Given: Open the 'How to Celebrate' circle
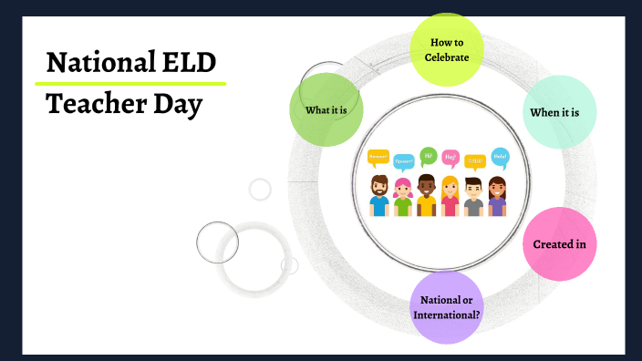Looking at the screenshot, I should [446, 49].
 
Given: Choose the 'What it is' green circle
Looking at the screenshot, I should [326, 110].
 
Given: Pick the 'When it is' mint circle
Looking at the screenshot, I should [562, 112].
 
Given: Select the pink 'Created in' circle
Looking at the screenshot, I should [559, 244].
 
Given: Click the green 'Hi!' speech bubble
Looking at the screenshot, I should [428, 155].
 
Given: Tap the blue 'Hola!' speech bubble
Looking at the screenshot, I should [500, 156].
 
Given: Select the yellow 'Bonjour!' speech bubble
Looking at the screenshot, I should [378, 157].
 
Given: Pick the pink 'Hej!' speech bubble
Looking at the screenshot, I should [450, 158].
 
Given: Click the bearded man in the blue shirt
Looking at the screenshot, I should [379, 196].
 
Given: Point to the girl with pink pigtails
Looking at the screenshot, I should [403, 197].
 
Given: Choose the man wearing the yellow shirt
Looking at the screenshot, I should [427, 196].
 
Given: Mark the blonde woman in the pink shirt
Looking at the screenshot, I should [450, 196].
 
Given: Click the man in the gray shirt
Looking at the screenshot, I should [473, 196].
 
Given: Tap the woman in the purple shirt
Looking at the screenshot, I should [497, 196].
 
